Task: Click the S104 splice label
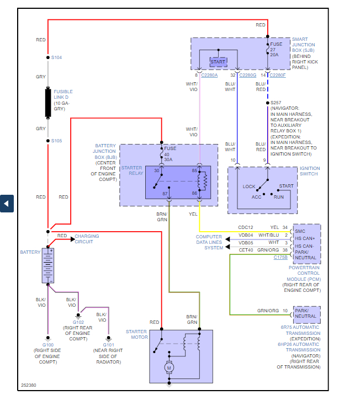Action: tap(57, 57)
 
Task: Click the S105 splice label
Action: tap(57, 141)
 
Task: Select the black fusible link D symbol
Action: tap(48, 102)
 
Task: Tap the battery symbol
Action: tap(49, 265)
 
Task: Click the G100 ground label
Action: tap(47, 344)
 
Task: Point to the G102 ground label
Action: tap(78, 322)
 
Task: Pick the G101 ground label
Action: tap(108, 344)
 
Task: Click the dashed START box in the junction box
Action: tap(218, 62)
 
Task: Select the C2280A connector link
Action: tap(209, 74)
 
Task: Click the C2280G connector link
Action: tap(248, 74)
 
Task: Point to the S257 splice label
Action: tap(276, 103)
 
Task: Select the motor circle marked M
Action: tap(170, 367)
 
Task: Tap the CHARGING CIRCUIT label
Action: tap(87, 239)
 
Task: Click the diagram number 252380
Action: tap(29, 385)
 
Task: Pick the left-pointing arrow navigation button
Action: tap(6, 203)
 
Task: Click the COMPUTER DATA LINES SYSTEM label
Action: tap(209, 242)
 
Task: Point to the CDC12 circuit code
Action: tap(246, 227)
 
